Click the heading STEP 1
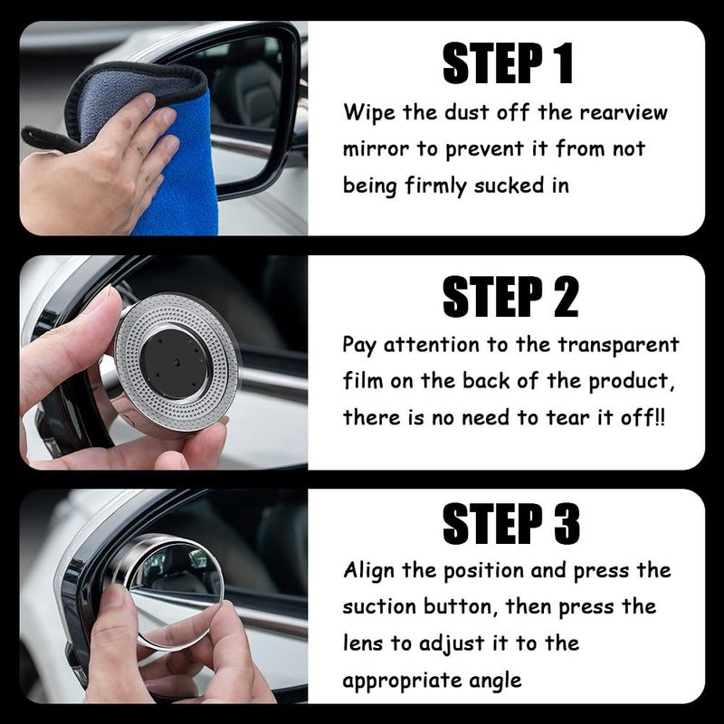pyautogui.click(x=508, y=62)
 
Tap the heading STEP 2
pyautogui.click(x=510, y=297)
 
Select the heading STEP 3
pyautogui.click(x=510, y=524)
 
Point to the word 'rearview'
pyautogui.click(x=624, y=113)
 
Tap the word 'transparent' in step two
pyautogui.click(x=618, y=346)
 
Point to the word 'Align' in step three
pyautogui.click(x=369, y=571)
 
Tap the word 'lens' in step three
pyautogui.click(x=363, y=643)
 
